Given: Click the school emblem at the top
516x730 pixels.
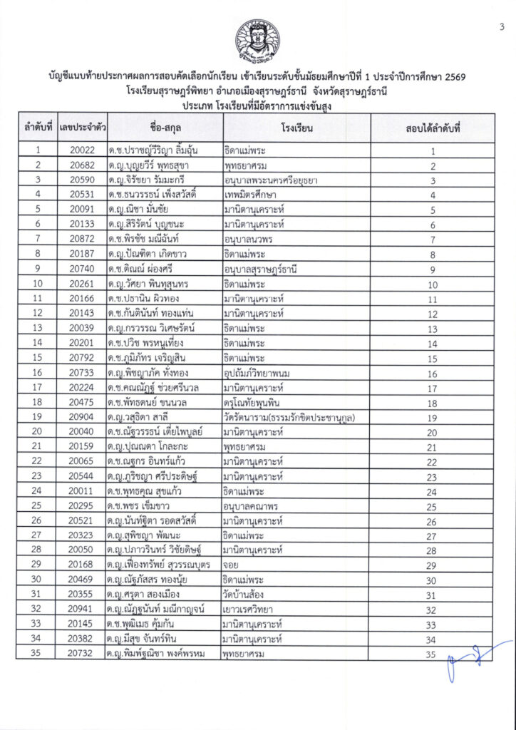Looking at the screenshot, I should click(x=258, y=40).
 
